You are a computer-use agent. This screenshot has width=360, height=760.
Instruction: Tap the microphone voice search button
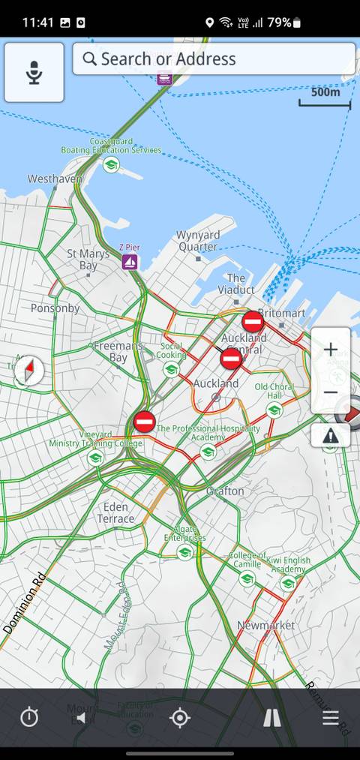pos(34,73)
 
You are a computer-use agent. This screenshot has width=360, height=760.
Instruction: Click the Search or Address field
pos(214,59)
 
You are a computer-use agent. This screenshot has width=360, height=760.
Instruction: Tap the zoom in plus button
pos(330,349)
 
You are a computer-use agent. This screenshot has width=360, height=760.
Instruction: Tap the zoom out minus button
pos(330,392)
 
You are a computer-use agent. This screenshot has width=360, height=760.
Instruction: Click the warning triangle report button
pos(330,435)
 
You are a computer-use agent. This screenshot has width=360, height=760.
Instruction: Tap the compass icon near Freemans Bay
pos(29,371)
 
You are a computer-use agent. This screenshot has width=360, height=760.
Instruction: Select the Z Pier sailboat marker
pos(130,261)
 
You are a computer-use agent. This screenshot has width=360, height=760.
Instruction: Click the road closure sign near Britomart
pos(253,322)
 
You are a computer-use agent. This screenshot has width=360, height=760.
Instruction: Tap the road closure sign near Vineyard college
pos(144,421)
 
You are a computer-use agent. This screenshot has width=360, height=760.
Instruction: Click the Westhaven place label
pos(55,179)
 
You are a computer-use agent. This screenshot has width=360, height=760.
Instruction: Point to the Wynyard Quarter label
pos(198,241)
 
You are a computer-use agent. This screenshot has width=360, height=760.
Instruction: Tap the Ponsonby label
pos(55,308)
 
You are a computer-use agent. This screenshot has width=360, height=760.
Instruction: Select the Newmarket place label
pos(265,625)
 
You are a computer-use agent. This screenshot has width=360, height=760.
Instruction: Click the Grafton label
pos(225,491)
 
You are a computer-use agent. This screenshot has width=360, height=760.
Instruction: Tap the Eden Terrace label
pos(115,512)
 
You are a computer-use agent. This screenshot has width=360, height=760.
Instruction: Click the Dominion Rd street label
pos(25,602)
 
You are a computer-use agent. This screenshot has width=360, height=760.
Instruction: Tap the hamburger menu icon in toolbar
pos(331,718)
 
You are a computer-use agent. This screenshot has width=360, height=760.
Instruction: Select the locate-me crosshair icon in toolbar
pos(180,718)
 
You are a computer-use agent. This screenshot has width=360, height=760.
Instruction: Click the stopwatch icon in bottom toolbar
pos(29,718)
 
